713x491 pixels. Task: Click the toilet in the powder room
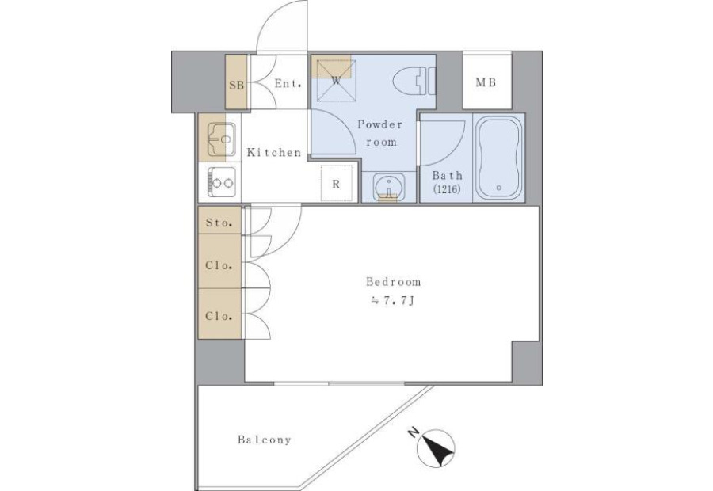click(x=414, y=82)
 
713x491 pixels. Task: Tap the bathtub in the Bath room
click(x=499, y=157)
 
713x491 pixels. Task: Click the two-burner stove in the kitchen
click(x=222, y=182)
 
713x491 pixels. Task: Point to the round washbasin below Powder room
click(x=389, y=187)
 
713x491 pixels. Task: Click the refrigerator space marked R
click(x=337, y=183)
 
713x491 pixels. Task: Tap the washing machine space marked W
click(x=337, y=81)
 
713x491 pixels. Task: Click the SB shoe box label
click(x=236, y=85)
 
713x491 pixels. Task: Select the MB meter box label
click(x=486, y=82)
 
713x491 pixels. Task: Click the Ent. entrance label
click(x=288, y=84)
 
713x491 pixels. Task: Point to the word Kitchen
click(x=274, y=152)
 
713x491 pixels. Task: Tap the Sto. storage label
click(x=219, y=223)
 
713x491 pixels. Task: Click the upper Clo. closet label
click(x=219, y=265)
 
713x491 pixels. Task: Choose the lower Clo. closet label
click(x=219, y=316)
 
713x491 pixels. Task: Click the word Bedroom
click(x=394, y=282)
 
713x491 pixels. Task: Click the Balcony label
click(x=264, y=440)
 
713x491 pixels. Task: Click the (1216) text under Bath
click(x=448, y=188)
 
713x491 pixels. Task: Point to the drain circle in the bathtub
click(x=499, y=188)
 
